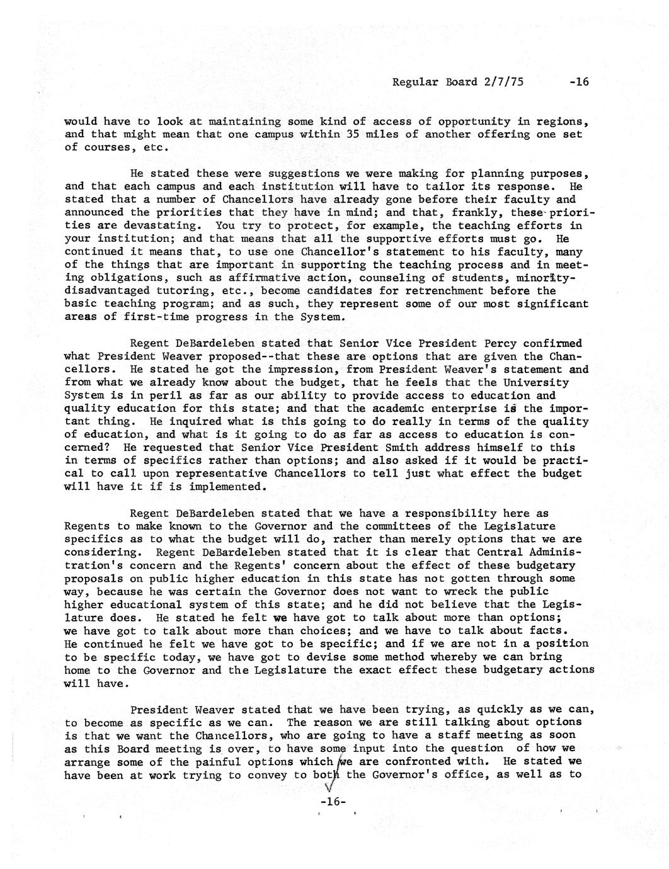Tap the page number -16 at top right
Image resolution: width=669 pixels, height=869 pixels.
tap(577, 82)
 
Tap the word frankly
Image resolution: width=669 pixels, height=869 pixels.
tap(483, 213)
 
